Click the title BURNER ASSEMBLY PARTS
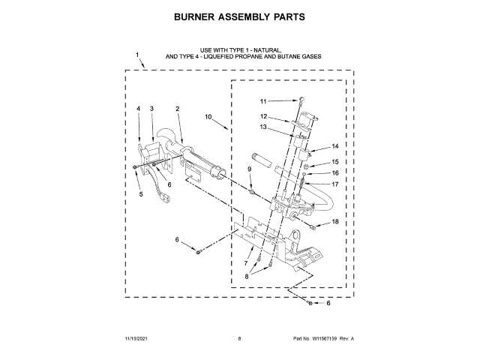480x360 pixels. [x=240, y=16]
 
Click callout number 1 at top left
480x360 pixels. [x=137, y=55]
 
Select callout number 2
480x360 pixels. [x=177, y=109]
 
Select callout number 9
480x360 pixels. [x=250, y=170]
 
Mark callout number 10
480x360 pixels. [x=208, y=117]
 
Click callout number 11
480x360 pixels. [x=263, y=101]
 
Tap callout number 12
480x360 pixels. [x=264, y=116]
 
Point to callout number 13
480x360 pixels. [x=263, y=127]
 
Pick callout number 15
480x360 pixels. [x=335, y=161]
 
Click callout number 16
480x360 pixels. [x=335, y=172]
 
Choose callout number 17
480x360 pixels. [x=335, y=184]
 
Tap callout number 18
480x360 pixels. [x=335, y=222]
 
